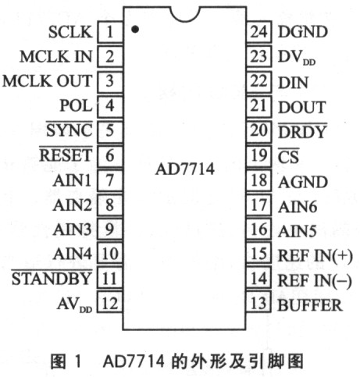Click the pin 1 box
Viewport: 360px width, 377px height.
110,32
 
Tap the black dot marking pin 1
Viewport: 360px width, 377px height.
135,29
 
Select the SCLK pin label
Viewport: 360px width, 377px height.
70,32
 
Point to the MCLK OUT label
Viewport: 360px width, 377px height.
47,81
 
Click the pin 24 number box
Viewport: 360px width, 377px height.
259,32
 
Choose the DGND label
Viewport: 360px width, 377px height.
302,32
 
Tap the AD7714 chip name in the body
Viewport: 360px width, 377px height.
185,169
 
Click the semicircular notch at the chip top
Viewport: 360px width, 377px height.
185,14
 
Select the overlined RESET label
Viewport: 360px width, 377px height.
66,155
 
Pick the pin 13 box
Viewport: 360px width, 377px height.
259,302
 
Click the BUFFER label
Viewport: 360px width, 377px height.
310,305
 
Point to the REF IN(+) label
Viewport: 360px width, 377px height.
315,255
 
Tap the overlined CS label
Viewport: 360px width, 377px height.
288,156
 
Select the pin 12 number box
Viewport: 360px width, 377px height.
110,302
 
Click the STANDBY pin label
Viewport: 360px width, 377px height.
52,278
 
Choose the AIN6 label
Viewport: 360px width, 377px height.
298,207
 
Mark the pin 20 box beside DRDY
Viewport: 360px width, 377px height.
259,130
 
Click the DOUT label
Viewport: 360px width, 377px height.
302,107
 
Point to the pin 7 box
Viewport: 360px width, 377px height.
110,180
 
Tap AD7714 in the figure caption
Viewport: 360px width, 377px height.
134,361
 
